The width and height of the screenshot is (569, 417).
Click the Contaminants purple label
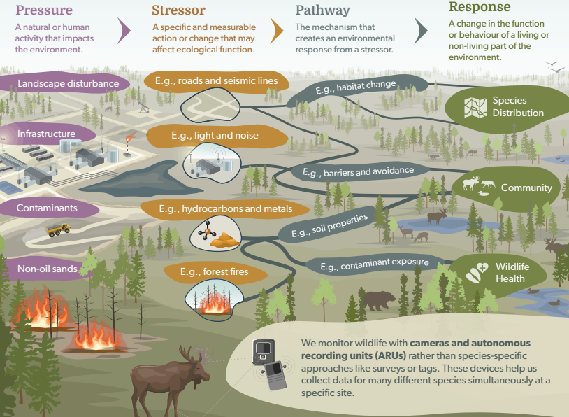(47, 208)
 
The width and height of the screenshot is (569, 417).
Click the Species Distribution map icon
(476, 106)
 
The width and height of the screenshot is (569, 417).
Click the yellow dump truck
(58, 229)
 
